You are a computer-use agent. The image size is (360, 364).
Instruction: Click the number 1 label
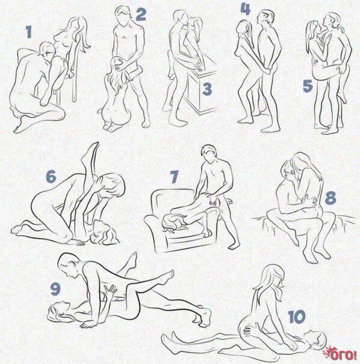(x=29, y=32)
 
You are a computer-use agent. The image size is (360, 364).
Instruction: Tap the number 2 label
(x=141, y=14)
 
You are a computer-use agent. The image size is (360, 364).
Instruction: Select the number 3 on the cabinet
(x=207, y=89)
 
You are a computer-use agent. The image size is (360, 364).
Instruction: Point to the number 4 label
(x=246, y=9)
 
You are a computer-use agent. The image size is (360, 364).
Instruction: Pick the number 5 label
(x=308, y=86)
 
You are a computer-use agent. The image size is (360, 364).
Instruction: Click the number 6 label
(x=51, y=176)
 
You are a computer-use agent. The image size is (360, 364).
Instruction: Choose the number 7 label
(x=174, y=177)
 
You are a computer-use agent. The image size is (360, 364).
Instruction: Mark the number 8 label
(x=331, y=198)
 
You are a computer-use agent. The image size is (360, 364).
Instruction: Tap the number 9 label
(x=55, y=289)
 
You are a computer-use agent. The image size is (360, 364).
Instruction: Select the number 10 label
(x=297, y=316)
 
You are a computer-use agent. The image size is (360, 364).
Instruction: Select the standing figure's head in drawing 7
(x=208, y=154)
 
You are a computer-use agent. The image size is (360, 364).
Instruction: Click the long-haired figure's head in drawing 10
(x=272, y=277)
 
